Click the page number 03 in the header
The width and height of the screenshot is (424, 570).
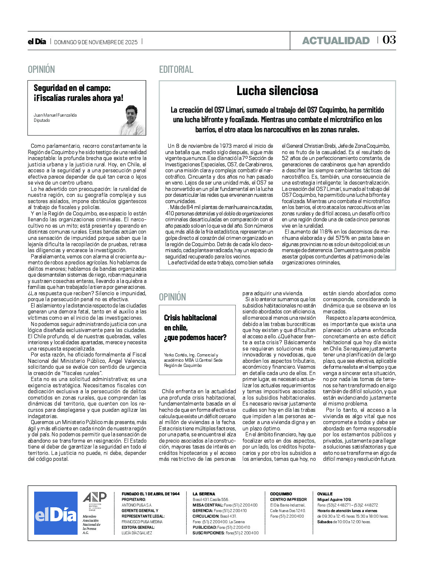coord(389,40)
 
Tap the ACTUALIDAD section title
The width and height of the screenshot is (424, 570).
coord(336,40)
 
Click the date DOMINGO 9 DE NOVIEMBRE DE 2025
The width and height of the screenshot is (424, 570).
coord(96,42)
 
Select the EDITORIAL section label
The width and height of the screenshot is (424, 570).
coord(176,69)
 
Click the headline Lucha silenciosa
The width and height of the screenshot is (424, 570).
coord(277,91)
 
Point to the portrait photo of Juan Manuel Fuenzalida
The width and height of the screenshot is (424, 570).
coord(132,120)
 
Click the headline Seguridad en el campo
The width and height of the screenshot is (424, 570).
coord(78,93)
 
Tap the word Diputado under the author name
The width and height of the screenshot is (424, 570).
coord(42,120)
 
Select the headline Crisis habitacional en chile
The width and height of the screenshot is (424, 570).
coord(195,328)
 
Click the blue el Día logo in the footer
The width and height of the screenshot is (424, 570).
coord(56,513)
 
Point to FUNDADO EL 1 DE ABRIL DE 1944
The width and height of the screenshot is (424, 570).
coord(150,494)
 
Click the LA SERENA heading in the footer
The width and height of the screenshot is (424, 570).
coord(203,494)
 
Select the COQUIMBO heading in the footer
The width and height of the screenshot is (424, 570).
coord(281,494)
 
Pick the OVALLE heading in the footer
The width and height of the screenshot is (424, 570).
coord(325,494)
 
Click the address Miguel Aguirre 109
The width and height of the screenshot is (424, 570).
coord(334,499)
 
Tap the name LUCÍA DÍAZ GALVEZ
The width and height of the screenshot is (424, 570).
coord(137,533)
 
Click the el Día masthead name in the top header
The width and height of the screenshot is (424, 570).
coord(37,42)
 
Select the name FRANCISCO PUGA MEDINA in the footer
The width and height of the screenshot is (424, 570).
coord(142,522)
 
